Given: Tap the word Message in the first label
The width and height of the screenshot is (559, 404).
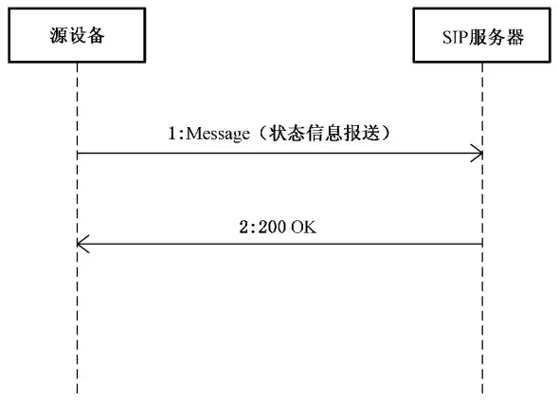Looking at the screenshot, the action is coord(218,134).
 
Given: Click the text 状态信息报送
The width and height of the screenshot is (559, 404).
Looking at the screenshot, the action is coord(324,133).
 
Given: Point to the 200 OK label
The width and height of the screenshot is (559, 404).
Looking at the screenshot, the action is coord(278,227).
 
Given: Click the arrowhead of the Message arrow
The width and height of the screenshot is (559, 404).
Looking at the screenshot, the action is coord(482,154).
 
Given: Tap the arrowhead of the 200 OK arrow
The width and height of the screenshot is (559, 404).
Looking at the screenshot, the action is coord(78,244).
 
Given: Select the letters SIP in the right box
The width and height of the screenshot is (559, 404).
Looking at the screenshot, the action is coord(455,37).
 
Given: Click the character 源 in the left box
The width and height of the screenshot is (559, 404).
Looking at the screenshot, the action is coord(59,36).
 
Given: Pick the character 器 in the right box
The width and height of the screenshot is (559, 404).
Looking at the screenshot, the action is coord(514,37).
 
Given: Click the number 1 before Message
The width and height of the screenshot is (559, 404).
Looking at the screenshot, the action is coord(172,134).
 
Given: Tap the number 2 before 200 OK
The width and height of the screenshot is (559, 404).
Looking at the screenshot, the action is coord(243,227).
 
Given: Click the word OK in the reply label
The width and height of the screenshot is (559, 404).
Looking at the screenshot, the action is coord(303,227).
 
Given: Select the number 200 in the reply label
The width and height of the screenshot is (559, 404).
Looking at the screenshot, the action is coord(272,227).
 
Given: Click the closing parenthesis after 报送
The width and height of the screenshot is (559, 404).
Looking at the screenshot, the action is coord(386,134).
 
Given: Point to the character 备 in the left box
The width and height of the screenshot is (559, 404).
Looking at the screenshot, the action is coord(96,36).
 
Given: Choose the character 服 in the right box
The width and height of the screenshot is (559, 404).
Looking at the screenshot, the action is coord(478,37).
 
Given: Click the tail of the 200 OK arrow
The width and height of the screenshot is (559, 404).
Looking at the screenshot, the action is coord(482,244).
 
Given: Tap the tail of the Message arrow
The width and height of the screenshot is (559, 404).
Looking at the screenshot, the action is coord(78,154).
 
